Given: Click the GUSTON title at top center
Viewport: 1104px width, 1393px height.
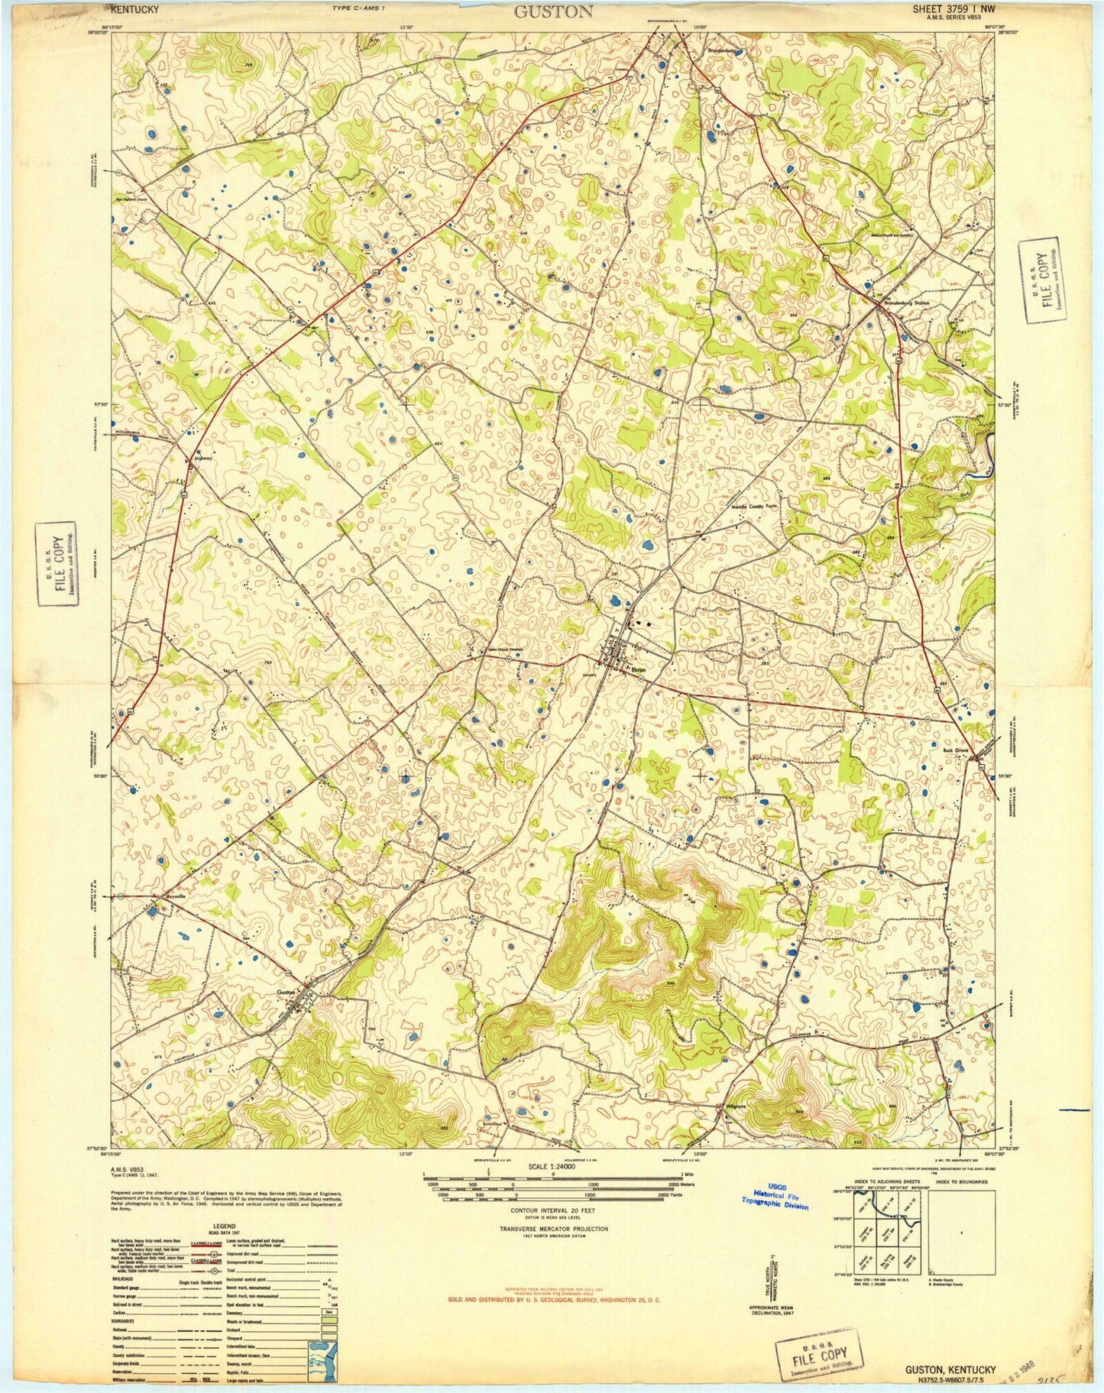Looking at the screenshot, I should (552, 11).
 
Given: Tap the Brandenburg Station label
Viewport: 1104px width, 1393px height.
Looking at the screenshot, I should (906, 303).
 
